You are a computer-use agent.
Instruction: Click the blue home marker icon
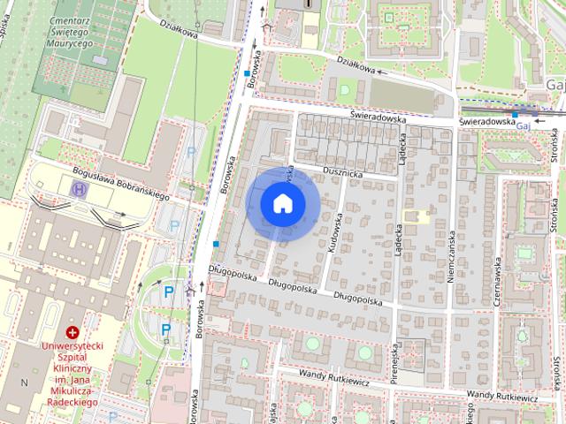tap(283, 203)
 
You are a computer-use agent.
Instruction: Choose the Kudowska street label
tap(334, 237)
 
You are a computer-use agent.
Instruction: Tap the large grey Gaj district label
tap(555, 84)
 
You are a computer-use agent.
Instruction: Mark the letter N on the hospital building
tap(24, 382)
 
